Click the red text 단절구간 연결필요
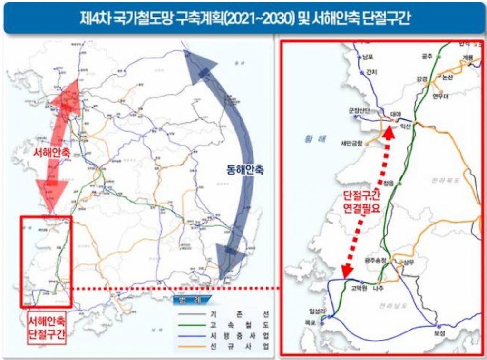[362, 202]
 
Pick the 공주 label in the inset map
[427, 56]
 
